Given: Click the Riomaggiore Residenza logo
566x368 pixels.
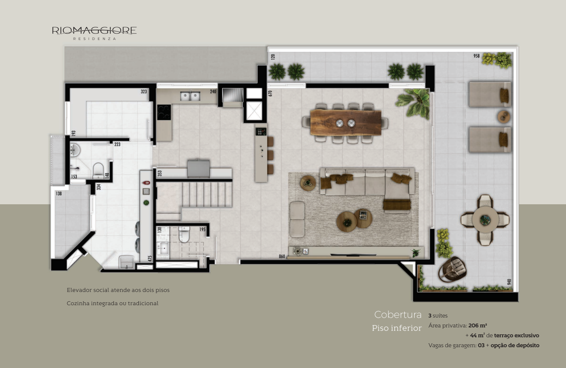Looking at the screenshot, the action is coord(94,33).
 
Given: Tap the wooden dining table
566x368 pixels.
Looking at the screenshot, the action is coord(345,123).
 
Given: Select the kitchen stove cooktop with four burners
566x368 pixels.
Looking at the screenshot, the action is coord(164,112).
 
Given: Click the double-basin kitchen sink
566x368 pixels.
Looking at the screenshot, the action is coord(190,96).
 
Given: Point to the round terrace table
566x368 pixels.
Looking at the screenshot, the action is coord(485,219).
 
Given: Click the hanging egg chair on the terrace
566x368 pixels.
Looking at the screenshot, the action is coord(452,269).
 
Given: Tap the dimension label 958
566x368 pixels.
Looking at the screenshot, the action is coord(476,56).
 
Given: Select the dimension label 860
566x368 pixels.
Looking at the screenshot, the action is coord(282,257).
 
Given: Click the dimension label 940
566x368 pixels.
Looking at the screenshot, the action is coord(509,282).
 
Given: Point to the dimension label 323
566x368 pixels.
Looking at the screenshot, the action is coord(143,92).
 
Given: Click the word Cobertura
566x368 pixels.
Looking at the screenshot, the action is coord(398,315).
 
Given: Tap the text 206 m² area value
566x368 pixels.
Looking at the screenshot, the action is coord(478,325).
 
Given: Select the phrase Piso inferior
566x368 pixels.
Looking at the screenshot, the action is coord(397,328).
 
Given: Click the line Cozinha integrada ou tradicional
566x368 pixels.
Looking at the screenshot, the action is coord(112,303).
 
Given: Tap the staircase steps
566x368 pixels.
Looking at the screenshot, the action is coord(206,194).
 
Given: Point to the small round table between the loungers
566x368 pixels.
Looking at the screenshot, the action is coord(504,117).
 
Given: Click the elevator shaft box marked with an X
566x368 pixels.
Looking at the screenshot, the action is coord(254,110).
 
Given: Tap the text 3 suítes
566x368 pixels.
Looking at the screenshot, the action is coord(438,316).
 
